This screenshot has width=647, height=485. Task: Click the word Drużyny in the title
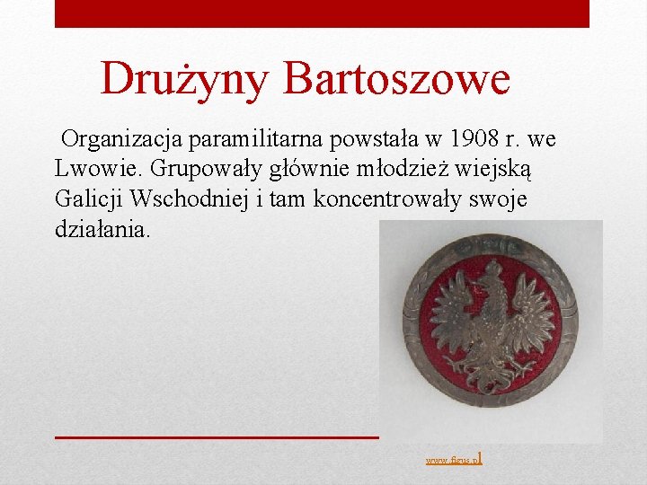(184, 79)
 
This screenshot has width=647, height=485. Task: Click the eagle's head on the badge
(490, 274)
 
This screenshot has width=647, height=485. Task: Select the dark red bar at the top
(322, 13)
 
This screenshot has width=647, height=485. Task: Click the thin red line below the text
(216, 436)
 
